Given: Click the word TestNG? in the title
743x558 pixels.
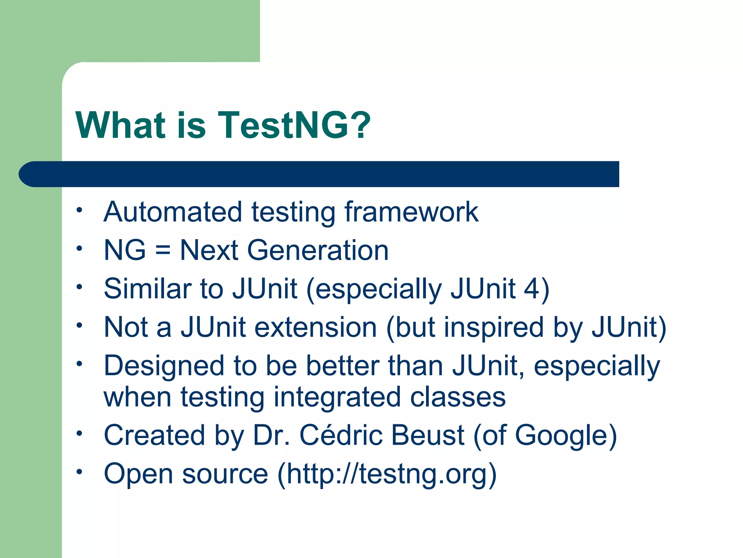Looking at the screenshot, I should (294, 125).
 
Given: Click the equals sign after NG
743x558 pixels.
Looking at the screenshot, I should (163, 251).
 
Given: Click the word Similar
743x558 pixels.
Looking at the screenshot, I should (147, 289).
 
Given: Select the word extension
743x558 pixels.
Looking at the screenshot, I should (316, 327).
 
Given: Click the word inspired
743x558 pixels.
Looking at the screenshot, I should (494, 327).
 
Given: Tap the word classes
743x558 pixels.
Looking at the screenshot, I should (458, 397).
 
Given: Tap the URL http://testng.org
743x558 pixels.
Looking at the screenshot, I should (387, 474).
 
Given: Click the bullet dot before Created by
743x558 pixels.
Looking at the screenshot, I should (79, 433).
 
